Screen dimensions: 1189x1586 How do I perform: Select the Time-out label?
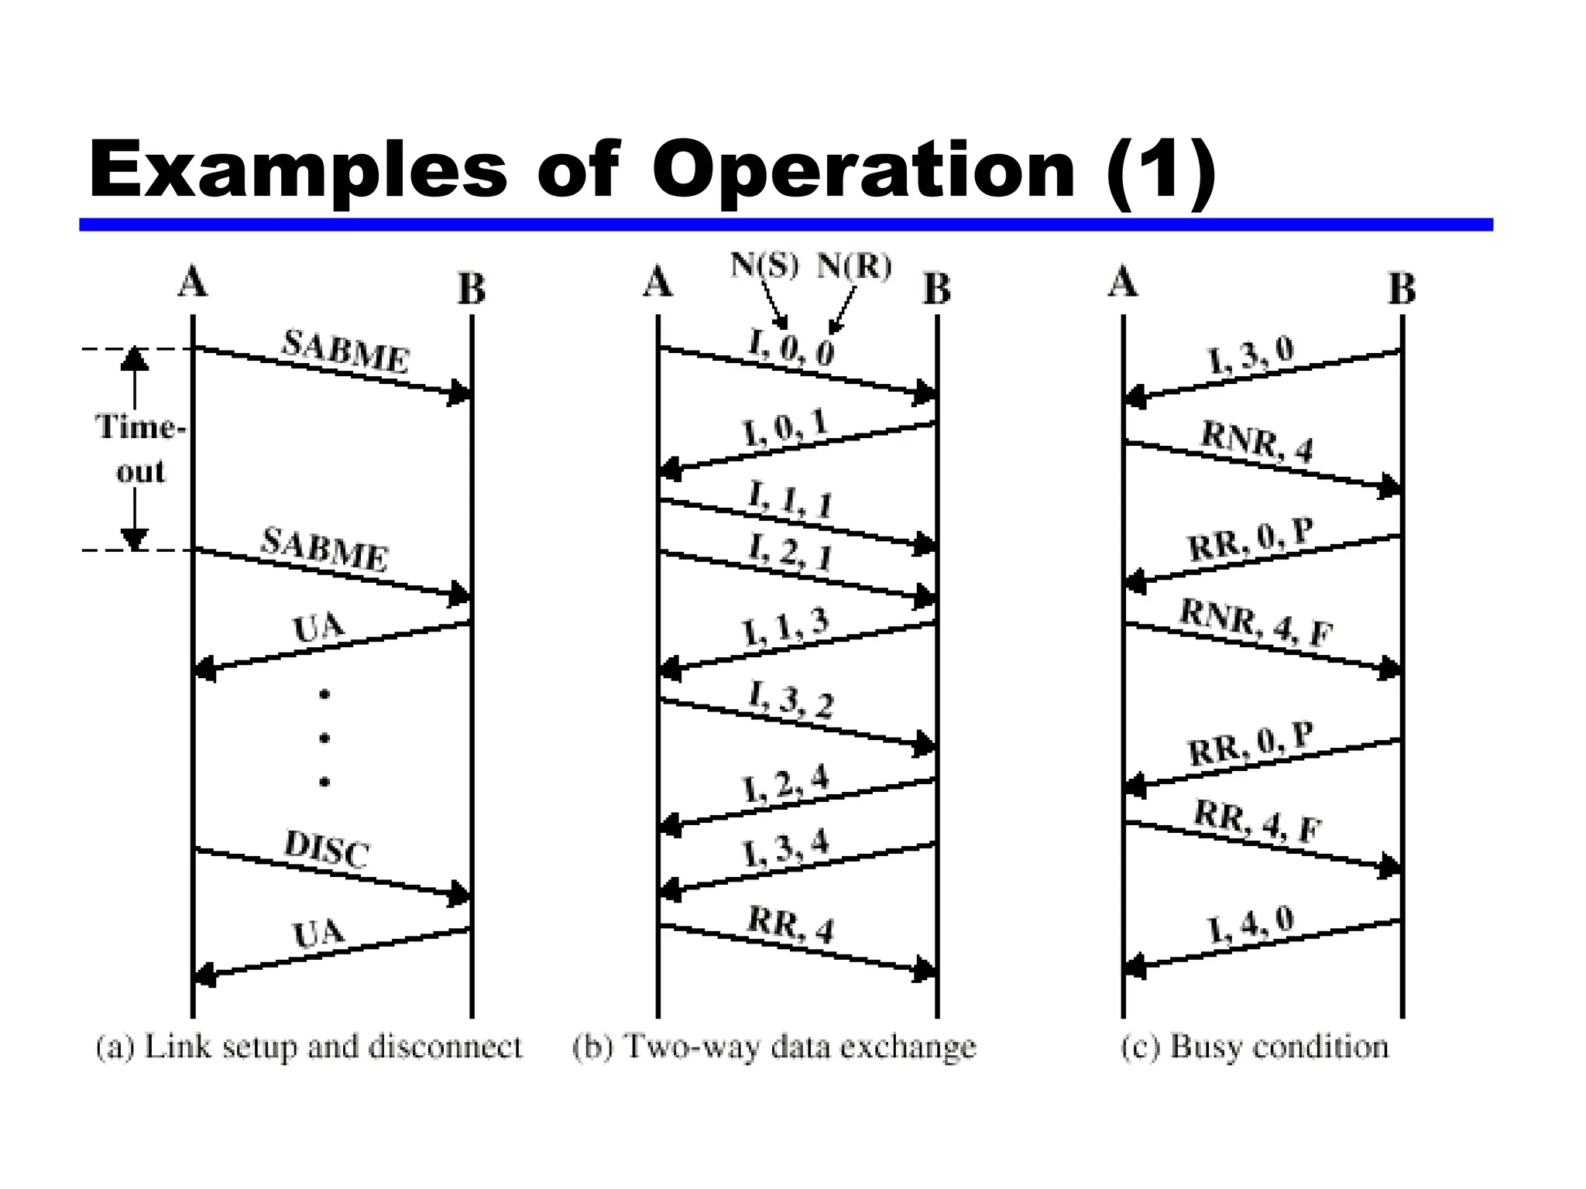(140, 449)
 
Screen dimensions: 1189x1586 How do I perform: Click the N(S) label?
(764, 266)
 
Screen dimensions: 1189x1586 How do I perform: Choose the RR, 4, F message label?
(1257, 821)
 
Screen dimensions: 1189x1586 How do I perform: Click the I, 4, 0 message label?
(1251, 924)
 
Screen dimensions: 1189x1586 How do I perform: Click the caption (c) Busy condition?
(1255, 1047)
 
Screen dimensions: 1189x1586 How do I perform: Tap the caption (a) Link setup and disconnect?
(309, 1047)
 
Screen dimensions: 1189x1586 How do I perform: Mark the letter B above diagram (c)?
(1402, 290)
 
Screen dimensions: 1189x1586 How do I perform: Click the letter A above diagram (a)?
(193, 282)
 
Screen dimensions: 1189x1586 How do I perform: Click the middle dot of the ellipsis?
(324, 738)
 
